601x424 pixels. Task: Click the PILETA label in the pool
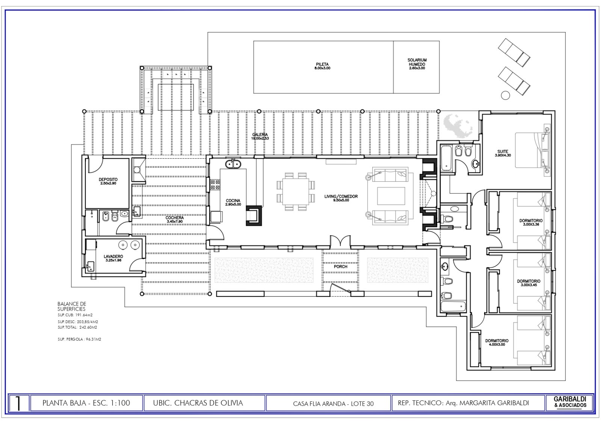tap(322, 65)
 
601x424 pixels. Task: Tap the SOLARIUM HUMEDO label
tap(417, 62)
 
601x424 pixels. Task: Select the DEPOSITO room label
tap(108, 180)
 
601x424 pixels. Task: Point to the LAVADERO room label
tap(113, 257)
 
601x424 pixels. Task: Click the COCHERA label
tap(175, 218)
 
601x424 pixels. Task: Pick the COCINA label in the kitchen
tap(233, 201)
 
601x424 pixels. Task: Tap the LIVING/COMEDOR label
tap(341, 197)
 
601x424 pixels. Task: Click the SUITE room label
tap(503, 152)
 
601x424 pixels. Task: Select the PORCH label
tap(340, 267)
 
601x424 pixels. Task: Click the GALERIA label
tap(260, 135)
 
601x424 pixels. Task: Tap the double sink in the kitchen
tap(233, 164)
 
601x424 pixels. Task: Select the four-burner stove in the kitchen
tap(215, 184)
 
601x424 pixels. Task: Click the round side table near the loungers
tap(506, 95)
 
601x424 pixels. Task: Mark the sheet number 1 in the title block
tap(18, 404)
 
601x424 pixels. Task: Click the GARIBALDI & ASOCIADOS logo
tap(570, 403)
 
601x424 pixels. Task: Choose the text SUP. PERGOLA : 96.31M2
tap(79, 339)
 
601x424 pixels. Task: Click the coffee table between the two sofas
tap(391, 196)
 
